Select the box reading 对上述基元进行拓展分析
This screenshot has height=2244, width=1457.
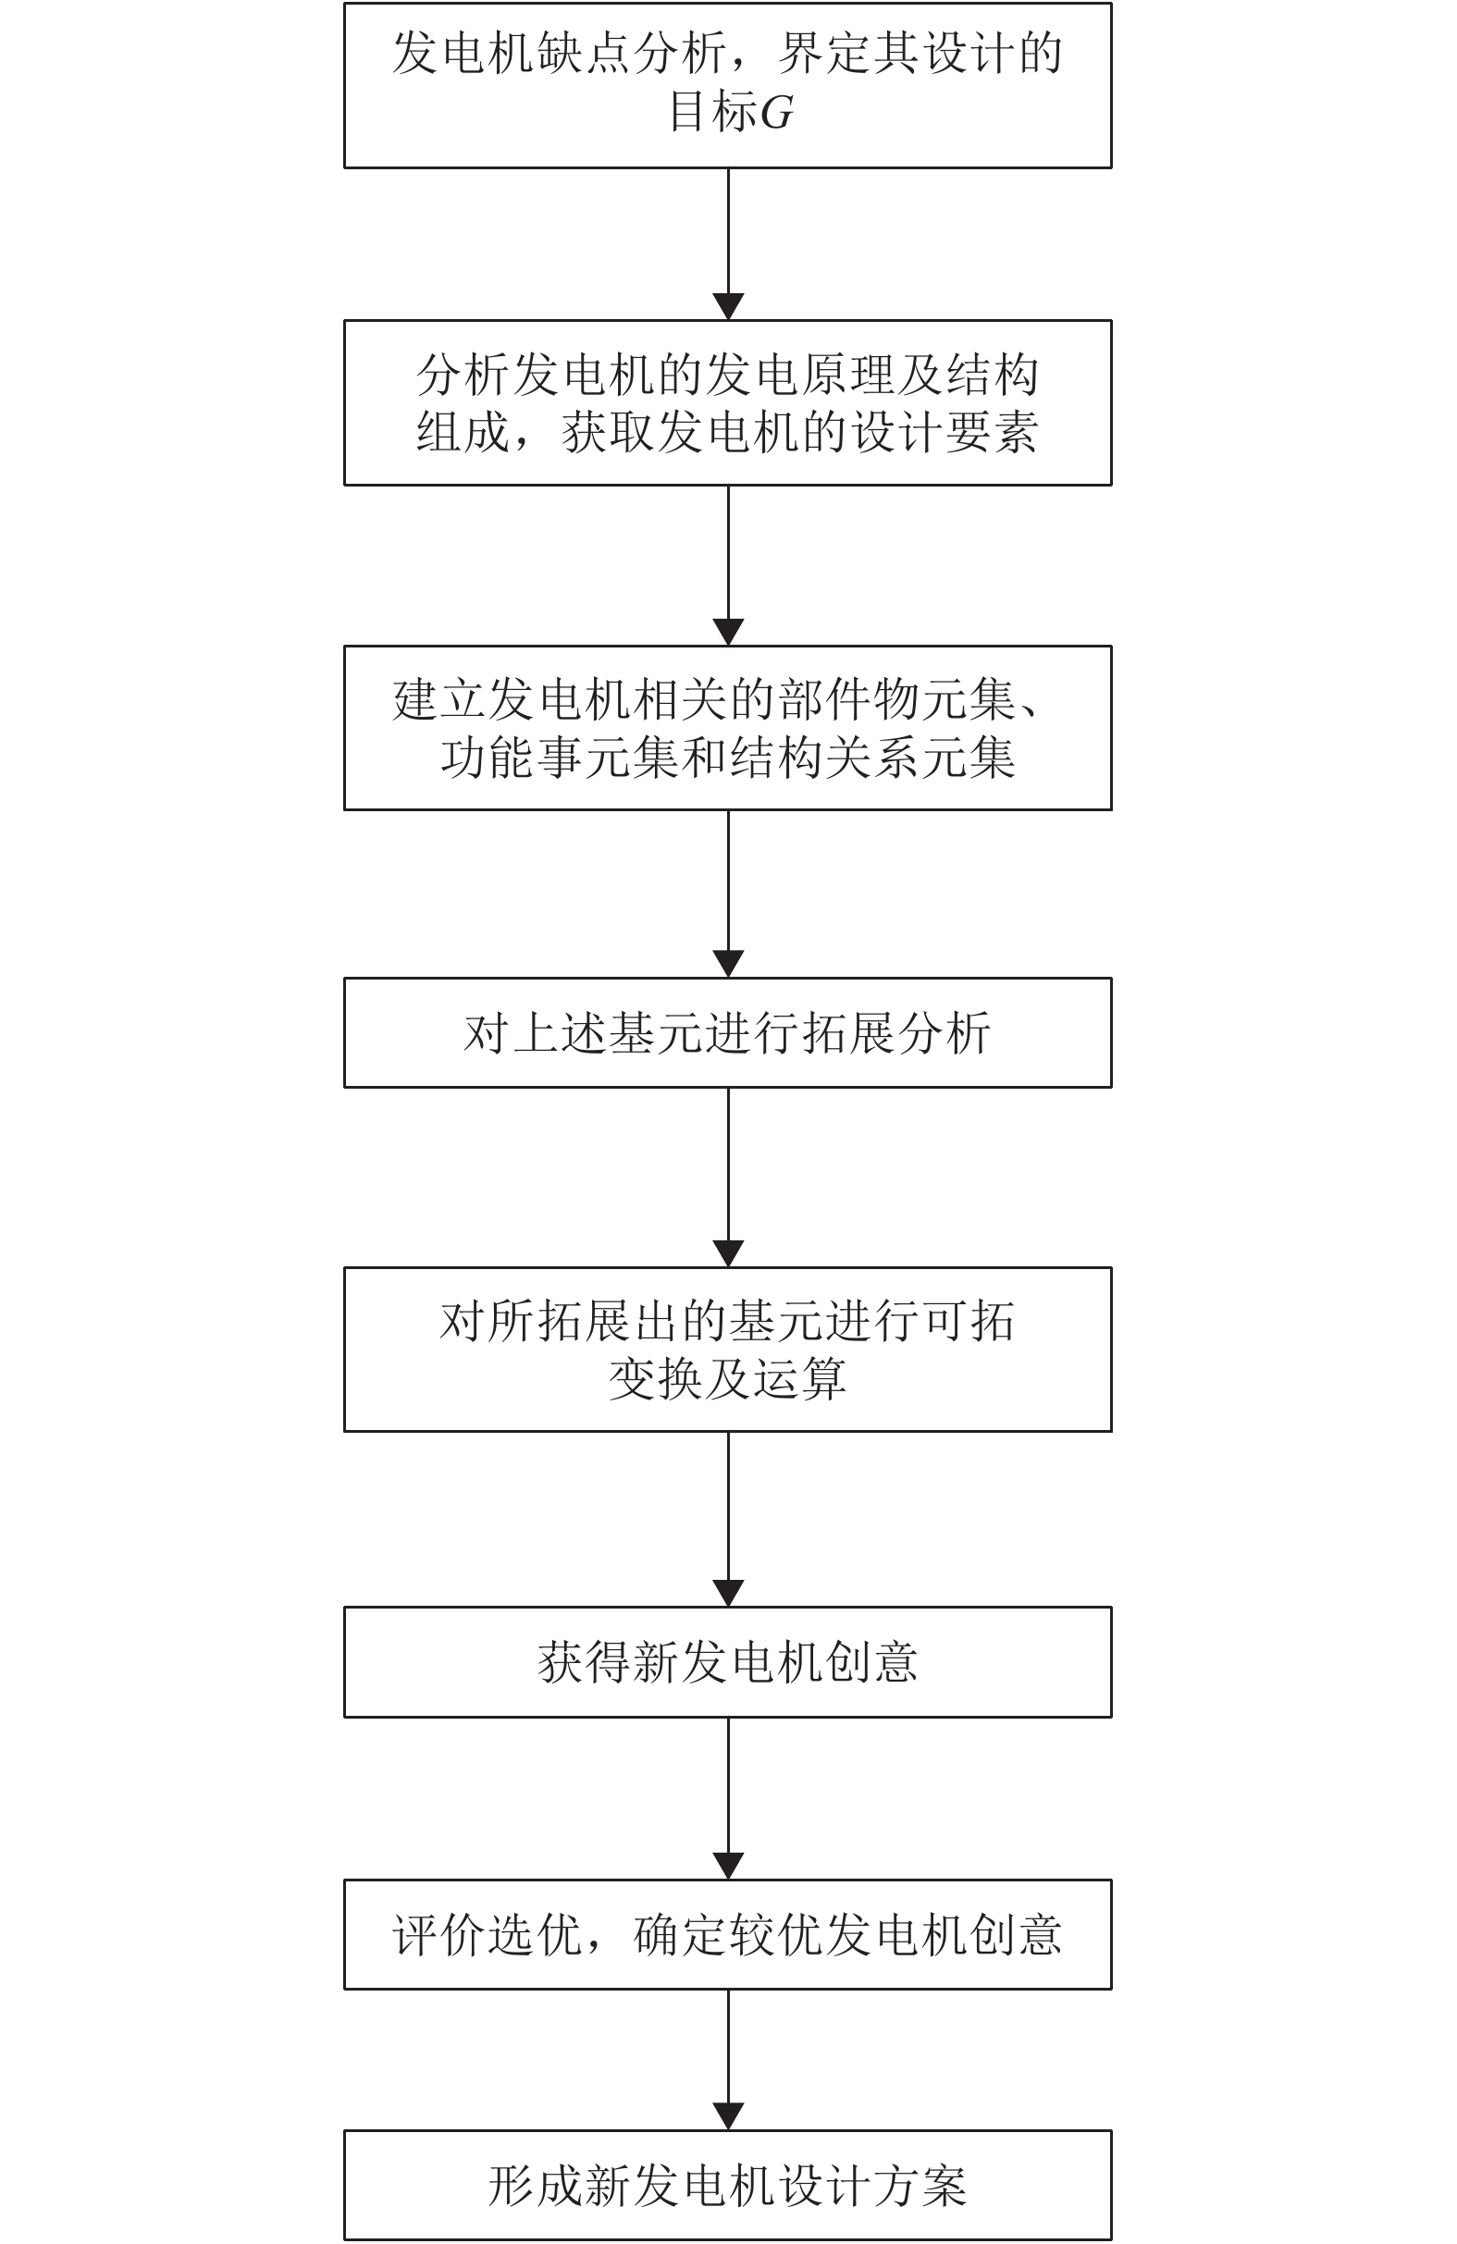tap(727, 1032)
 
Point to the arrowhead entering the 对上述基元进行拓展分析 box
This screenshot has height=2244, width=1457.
tap(728, 964)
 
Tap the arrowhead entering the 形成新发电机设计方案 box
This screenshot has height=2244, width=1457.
tap(728, 2115)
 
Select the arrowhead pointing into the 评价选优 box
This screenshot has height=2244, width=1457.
tap(728, 1865)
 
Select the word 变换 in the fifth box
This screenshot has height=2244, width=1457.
tap(655, 1378)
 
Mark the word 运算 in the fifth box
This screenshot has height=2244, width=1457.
tap(799, 1378)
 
